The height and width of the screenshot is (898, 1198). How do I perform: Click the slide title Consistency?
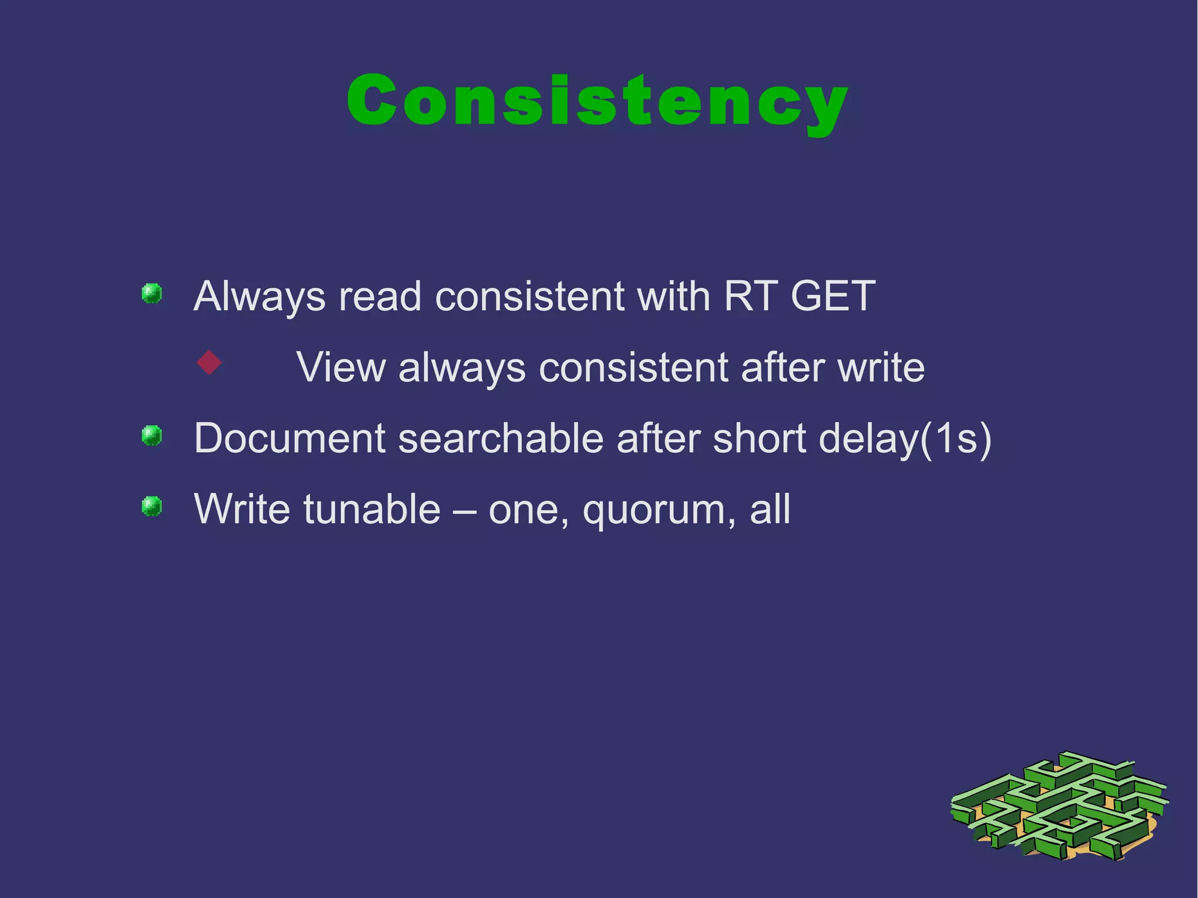coord(597,101)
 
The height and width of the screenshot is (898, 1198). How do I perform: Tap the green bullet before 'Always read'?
coord(152,293)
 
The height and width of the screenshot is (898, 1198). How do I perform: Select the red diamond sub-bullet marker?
coord(209,363)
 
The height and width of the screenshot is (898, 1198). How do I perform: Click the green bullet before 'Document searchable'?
coord(152,435)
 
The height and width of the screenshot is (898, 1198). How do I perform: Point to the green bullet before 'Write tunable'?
coord(152,506)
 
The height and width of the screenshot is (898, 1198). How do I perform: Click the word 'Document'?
coord(290,438)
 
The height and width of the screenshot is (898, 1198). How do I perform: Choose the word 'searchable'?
coord(501,438)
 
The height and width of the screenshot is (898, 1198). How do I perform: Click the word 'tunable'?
coord(372,509)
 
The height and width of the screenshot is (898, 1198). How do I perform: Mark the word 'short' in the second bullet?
coord(759,438)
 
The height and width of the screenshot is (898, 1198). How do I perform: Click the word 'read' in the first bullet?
coord(380,297)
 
